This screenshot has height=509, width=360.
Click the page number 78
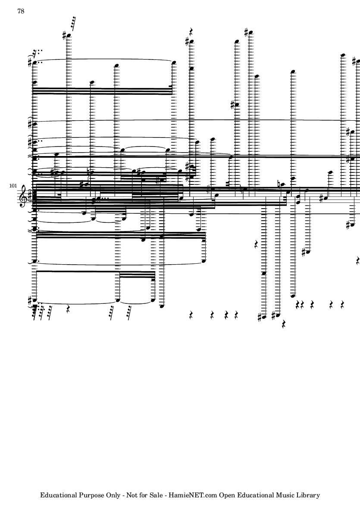pyautogui.click(x=21, y=11)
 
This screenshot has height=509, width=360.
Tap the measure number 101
pyautogui.click(x=13, y=186)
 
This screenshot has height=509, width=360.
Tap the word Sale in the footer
pyautogui.click(x=156, y=495)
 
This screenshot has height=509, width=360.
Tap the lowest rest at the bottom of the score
pyautogui.click(x=284, y=324)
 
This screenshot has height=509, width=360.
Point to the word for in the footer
pyautogui.click(x=143, y=495)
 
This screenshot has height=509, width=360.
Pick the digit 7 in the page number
pyautogui.click(x=19, y=11)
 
